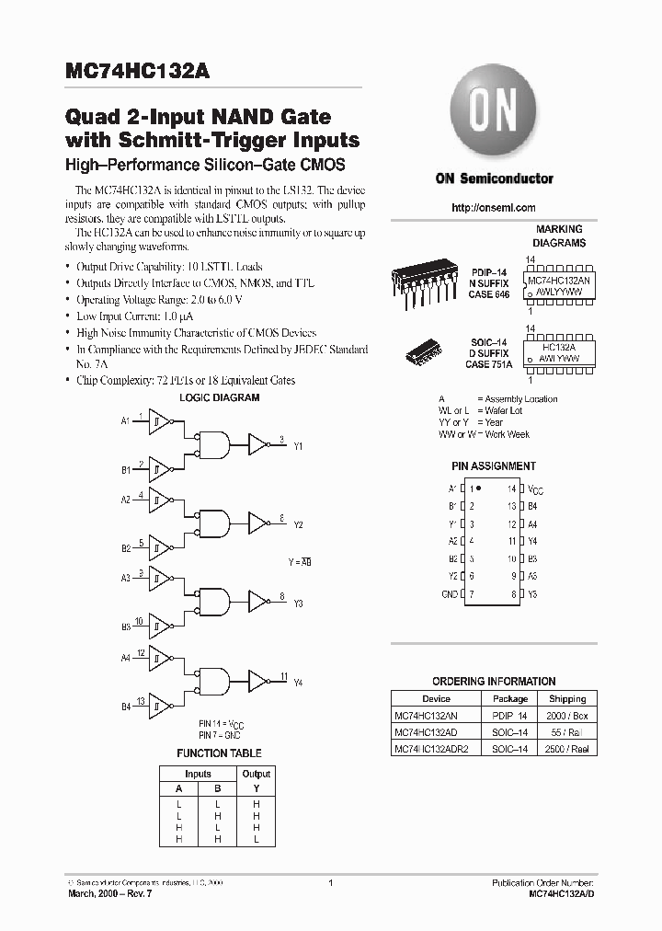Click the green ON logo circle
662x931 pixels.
tap(493, 117)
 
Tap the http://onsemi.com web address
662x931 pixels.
tap(494, 208)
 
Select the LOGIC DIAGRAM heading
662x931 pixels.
tap(219, 397)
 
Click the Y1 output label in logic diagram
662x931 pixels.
tap(298, 446)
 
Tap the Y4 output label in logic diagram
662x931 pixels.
tap(298, 683)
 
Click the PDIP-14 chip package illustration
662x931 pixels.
tap(424, 281)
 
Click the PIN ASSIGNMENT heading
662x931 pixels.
tap(494, 466)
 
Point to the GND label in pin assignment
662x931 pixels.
tap(450, 595)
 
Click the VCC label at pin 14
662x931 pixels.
tap(536, 489)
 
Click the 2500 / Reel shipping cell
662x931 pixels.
tap(567, 749)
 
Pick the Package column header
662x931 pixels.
tap(510, 698)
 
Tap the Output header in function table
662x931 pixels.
tap(256, 774)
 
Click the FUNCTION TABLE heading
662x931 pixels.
tap(219, 753)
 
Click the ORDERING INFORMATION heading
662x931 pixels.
tap(494, 682)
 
